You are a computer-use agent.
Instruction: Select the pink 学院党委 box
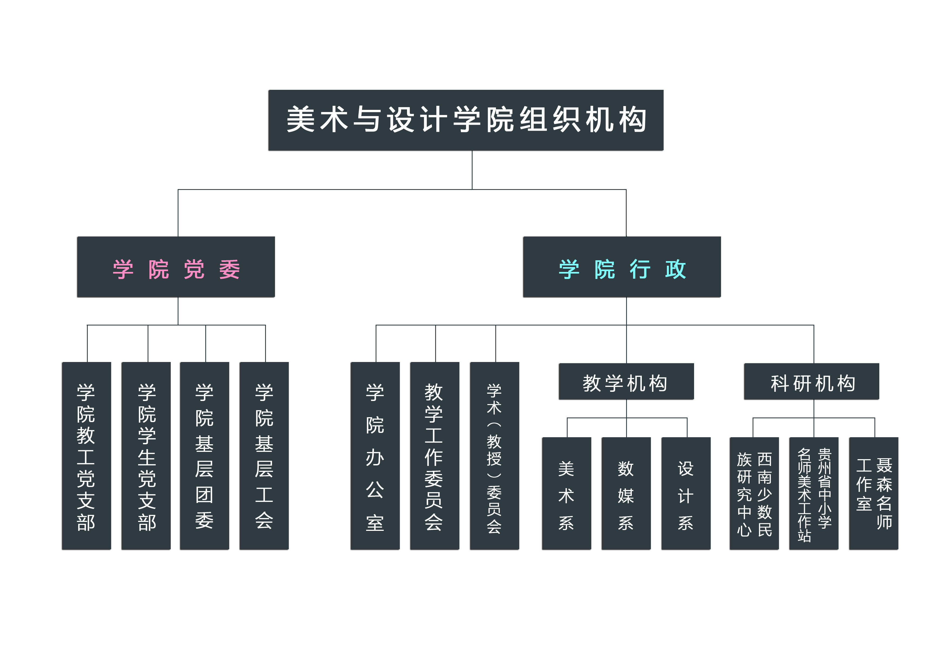tap(176, 267)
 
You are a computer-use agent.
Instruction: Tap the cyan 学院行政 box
tap(622, 267)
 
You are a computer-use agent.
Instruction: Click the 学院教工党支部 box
tap(86, 456)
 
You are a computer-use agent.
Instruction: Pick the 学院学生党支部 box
tap(146, 456)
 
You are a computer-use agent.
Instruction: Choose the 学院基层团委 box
tap(204, 456)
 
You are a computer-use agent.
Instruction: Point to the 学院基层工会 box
tap(264, 456)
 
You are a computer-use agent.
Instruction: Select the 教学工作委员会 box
tap(434, 456)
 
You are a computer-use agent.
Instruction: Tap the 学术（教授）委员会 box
tap(494, 456)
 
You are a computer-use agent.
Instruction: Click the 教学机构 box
tap(626, 381)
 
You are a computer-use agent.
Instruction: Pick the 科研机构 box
tap(811, 381)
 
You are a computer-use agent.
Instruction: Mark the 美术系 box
tap(567, 493)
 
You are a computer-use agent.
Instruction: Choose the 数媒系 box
tap(626, 493)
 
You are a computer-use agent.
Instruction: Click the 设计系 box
tap(686, 493)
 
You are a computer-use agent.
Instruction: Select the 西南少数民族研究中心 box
tap(754, 493)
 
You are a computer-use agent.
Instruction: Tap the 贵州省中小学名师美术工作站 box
tap(814, 493)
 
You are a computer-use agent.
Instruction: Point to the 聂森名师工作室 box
tap(873, 493)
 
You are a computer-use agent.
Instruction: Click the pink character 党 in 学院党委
tap(194, 269)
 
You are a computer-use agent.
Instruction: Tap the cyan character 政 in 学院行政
tap(675, 269)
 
